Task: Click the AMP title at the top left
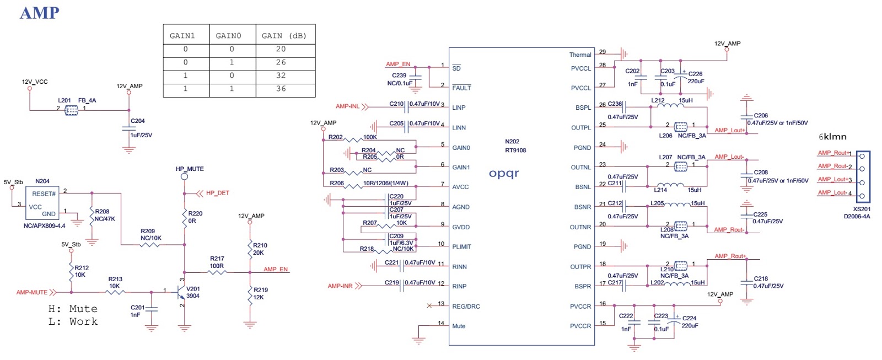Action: click(39, 13)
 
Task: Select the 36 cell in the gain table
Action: click(281, 89)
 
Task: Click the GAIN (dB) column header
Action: click(284, 36)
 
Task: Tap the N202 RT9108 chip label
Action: click(515, 146)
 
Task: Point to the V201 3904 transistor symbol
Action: click(181, 292)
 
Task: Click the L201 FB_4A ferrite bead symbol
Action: click(72, 110)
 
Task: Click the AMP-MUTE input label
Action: click(32, 293)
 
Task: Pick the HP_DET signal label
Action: click(217, 193)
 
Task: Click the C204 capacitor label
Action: click(138, 121)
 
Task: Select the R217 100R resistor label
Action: click(217, 262)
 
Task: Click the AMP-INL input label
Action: click(347, 106)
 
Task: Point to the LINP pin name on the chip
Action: click(459, 108)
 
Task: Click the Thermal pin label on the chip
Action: click(580, 55)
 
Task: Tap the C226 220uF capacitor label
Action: click(696, 77)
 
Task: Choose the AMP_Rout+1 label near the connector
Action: click(834, 153)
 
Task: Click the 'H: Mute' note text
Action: click(73, 309)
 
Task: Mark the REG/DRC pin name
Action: click(466, 307)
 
